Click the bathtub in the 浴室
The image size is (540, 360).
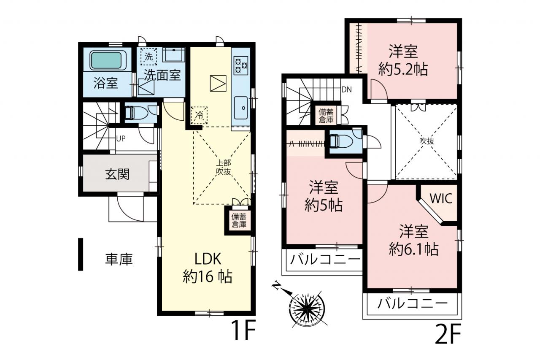tap(106, 60)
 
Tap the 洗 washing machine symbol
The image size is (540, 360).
tap(149, 57)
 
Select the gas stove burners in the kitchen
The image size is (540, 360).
tap(240, 65)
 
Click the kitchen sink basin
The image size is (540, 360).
tap(240, 108)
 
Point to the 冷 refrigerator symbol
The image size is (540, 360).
tap(199, 115)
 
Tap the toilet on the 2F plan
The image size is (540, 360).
tap(340, 141)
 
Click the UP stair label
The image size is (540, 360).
tap(121, 139)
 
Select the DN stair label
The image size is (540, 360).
tap(347, 90)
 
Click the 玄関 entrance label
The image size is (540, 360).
tap(117, 174)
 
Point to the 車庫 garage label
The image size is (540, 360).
tap(119, 260)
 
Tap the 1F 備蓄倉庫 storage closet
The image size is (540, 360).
tap(239, 220)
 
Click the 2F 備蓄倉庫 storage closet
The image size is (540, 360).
tap(326, 116)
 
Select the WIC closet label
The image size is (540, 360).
tap(441, 199)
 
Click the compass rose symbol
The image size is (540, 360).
tap(306, 308)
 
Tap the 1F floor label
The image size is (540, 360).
tap(243, 330)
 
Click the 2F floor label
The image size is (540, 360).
tap(448, 334)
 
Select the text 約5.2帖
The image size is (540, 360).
tap(403, 70)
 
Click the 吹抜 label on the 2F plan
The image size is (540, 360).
tap(427, 141)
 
